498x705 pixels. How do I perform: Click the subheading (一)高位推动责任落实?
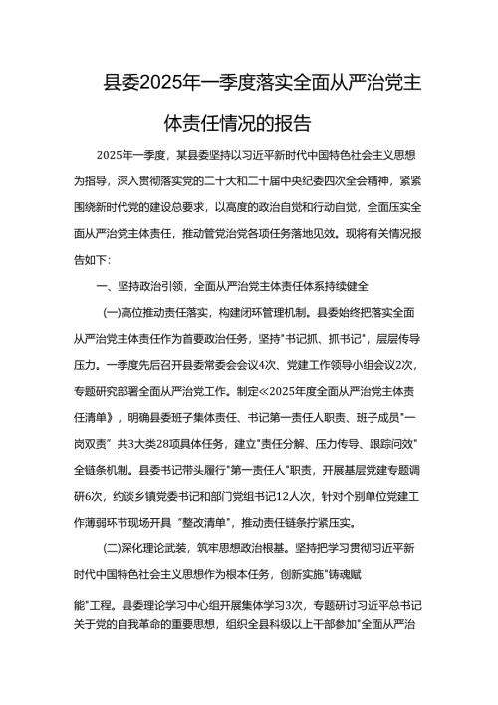coord(165,312)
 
